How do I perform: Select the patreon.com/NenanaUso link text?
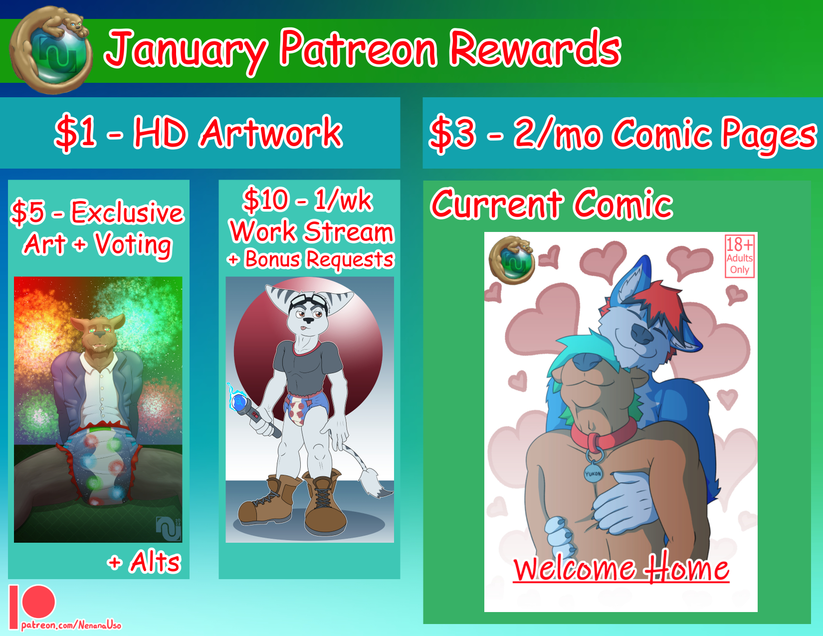point(71,625)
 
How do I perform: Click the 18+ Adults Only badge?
point(739,256)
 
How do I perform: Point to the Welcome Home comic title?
point(621,568)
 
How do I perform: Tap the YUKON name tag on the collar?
point(593,473)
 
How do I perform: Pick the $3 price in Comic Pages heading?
point(451,134)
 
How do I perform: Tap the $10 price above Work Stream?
point(266,200)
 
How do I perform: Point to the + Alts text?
point(144,562)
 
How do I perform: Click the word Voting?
point(133,245)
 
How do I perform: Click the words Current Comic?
point(552,205)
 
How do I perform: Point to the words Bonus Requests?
point(319,260)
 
